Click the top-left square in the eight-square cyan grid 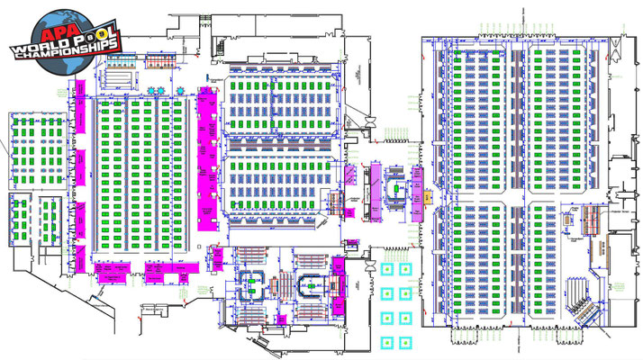(389, 268)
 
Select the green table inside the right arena (311, 285)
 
